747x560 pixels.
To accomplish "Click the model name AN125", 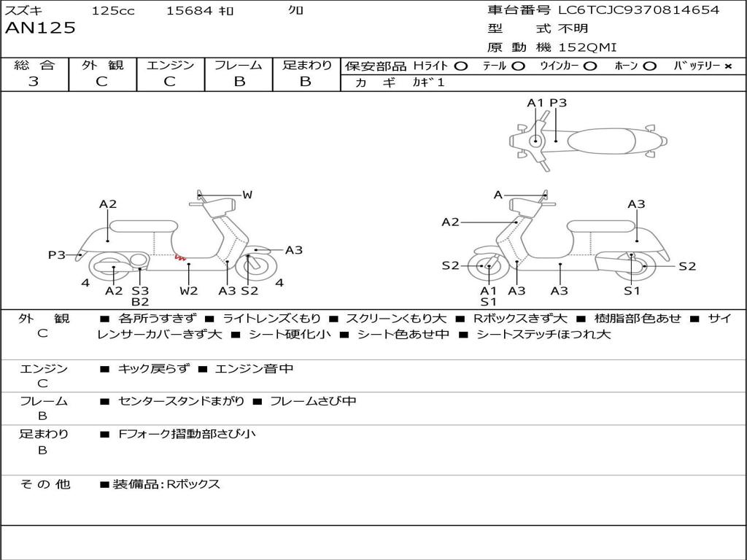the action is coord(40,28).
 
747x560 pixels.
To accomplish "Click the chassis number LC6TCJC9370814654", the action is coord(638,10).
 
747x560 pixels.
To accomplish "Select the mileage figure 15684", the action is coord(189,11).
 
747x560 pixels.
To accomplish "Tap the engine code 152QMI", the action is coord(587,47).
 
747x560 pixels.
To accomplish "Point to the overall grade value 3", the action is coord(34,82).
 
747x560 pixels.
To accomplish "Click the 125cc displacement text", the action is coord(112,11).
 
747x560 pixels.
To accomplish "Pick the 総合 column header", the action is coord(34,65).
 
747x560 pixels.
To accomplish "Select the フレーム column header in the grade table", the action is coord(239,65).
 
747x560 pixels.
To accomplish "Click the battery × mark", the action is coord(727,66).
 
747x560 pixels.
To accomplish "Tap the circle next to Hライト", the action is coord(460,66).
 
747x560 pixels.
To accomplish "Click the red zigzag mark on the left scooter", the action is coord(179,257).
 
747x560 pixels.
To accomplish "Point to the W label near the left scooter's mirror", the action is coord(247,195).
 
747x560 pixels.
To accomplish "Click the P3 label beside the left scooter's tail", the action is coord(57,254).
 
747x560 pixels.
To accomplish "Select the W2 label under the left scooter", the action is coord(189,291).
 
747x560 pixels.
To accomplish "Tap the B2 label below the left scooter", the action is coord(140,302).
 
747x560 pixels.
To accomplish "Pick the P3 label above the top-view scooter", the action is coord(558,103).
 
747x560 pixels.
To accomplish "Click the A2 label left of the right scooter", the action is coord(450,222).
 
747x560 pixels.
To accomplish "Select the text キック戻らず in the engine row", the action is coord(153,369).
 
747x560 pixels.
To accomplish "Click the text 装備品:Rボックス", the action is coord(166,484).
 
